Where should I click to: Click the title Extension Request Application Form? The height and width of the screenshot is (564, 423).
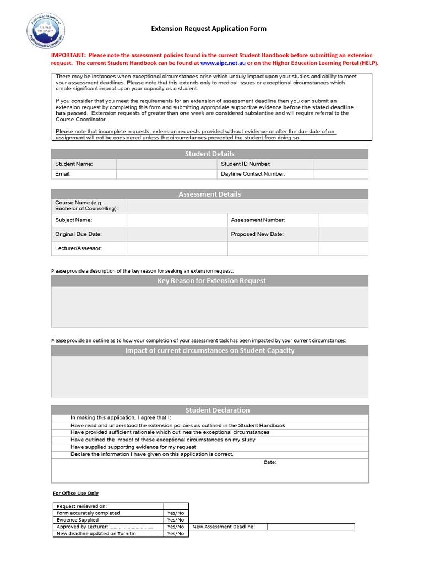pyautogui.click(x=209, y=29)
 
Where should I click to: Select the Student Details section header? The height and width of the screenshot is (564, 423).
pyautogui.click(x=209, y=154)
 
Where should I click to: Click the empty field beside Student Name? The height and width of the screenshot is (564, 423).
pyautogui.click(x=166, y=164)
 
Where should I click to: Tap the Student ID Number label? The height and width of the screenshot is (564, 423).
pyautogui.click(x=246, y=164)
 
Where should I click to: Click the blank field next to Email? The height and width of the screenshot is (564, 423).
pyautogui.click(x=166, y=174)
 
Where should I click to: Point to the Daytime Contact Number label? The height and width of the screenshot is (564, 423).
pyautogui.click(x=253, y=174)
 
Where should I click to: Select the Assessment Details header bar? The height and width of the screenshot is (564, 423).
pyautogui.click(x=209, y=194)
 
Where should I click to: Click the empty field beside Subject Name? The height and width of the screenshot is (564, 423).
pyautogui.click(x=177, y=220)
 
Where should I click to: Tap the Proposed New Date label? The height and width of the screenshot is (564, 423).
pyautogui.click(x=257, y=234)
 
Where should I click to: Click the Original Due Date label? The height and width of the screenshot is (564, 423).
pyautogui.click(x=78, y=234)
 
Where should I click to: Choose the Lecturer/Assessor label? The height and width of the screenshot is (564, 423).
pyautogui.click(x=78, y=248)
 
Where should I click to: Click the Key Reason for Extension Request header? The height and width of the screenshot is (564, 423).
pyautogui.click(x=209, y=281)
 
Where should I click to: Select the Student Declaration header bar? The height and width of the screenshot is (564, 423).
pyautogui.click(x=209, y=410)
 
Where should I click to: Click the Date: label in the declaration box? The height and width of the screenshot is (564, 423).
pyautogui.click(x=270, y=462)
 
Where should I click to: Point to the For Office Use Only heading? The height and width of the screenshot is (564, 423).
pyautogui.click(x=75, y=493)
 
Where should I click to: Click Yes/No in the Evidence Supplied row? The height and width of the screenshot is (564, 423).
pyautogui.click(x=175, y=520)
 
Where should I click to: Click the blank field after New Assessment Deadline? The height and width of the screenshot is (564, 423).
pyautogui.click(x=311, y=527)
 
